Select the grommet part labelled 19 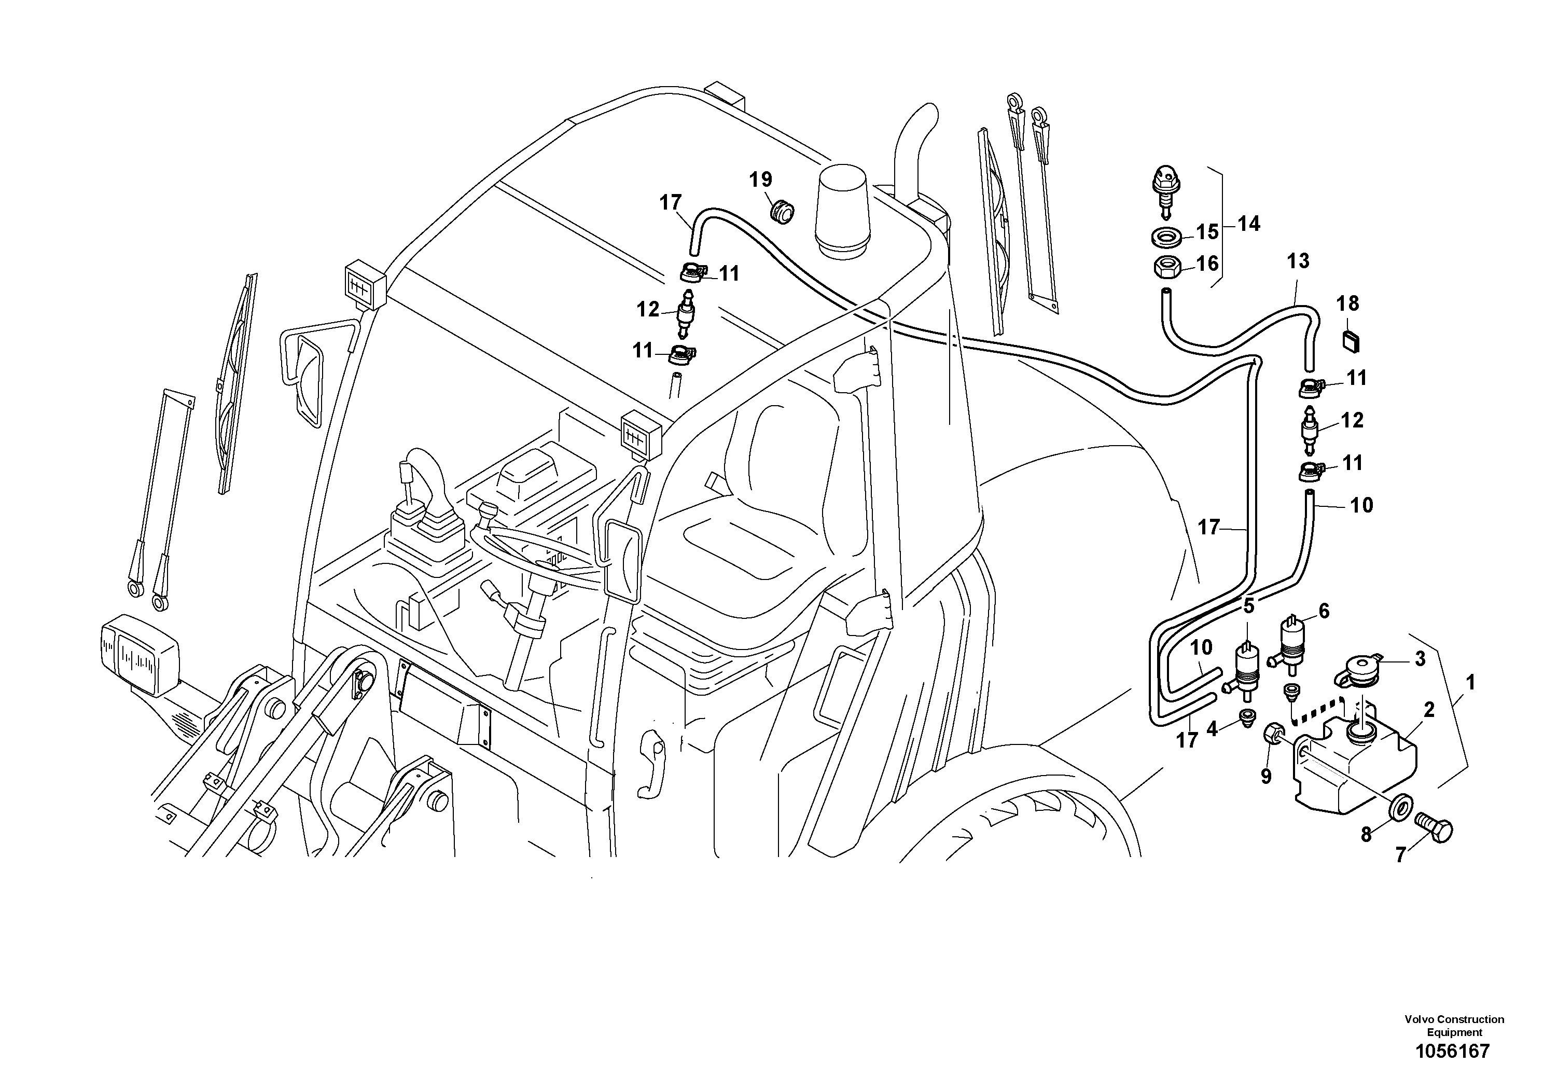pyautogui.click(x=782, y=211)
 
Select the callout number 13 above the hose pyautogui.click(x=1298, y=261)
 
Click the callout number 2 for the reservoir pyautogui.click(x=1428, y=710)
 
